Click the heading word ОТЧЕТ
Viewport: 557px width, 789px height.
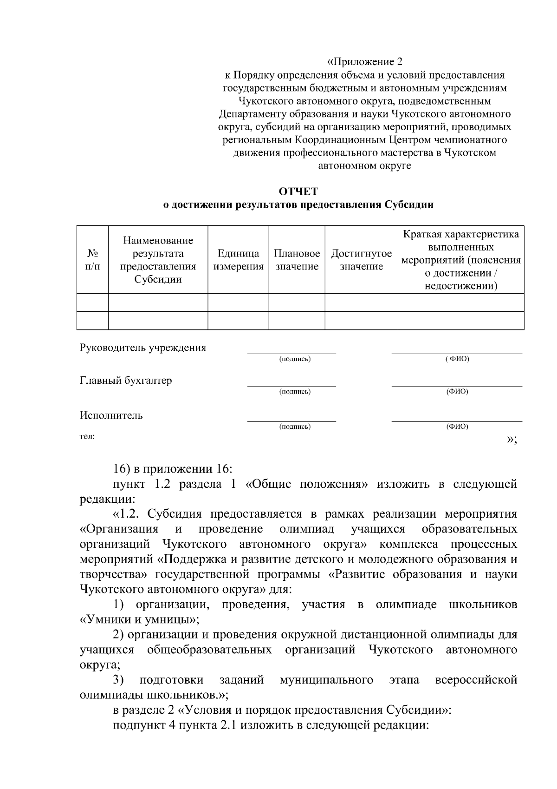click(x=298, y=191)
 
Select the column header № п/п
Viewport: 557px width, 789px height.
click(x=92, y=260)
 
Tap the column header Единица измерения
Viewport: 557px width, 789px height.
click(x=238, y=260)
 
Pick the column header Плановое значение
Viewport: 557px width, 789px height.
click(x=297, y=260)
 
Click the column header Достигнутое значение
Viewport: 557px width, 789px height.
click(x=361, y=260)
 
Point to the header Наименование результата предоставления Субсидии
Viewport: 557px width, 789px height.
click(x=158, y=260)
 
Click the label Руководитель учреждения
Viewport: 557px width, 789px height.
click(x=142, y=348)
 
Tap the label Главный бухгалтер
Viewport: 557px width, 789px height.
click(x=126, y=381)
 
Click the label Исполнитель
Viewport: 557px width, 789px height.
click(x=111, y=415)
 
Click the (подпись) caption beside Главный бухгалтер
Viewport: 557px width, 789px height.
click(x=295, y=392)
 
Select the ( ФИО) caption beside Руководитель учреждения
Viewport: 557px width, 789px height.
click(x=457, y=359)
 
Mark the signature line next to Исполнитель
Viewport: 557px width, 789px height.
click(x=291, y=421)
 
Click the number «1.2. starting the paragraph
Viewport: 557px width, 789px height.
click(x=130, y=514)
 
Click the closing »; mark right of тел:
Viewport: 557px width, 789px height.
click(x=512, y=440)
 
